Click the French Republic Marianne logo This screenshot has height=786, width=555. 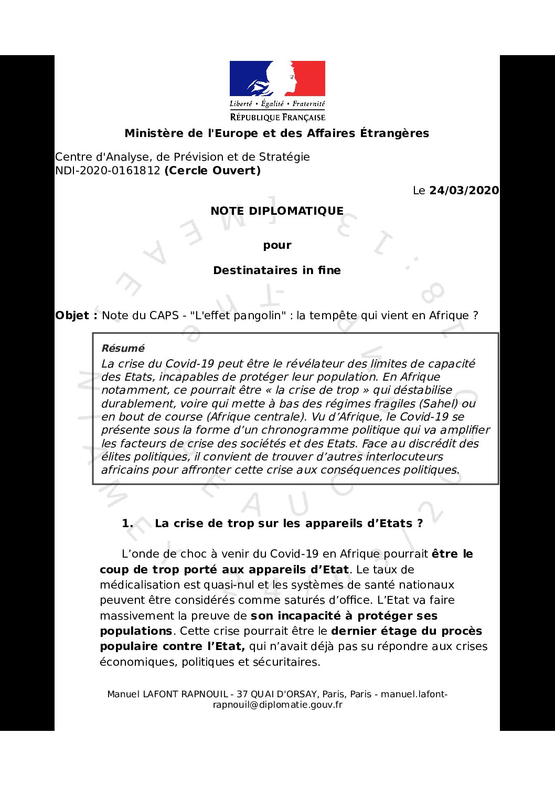pos(277,79)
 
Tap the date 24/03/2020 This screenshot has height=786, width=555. pos(464,191)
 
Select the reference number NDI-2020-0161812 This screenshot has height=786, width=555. pos(108,171)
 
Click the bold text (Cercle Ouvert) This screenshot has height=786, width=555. pos(212,171)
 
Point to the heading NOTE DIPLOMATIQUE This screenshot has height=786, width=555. pos(277,211)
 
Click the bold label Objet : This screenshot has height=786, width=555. pos(76,316)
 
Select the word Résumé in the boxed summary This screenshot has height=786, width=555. pos(123,348)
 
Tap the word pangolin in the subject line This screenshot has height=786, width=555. pos(258,316)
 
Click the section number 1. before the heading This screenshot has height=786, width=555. pos(127,523)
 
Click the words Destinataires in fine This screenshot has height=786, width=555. pos(277,270)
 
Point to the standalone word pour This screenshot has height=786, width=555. pos(277,245)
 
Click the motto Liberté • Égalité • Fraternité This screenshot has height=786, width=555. pos(277,104)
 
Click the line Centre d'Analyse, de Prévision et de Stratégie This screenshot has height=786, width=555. pos(183,157)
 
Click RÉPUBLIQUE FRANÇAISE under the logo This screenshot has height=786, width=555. pos(277,118)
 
